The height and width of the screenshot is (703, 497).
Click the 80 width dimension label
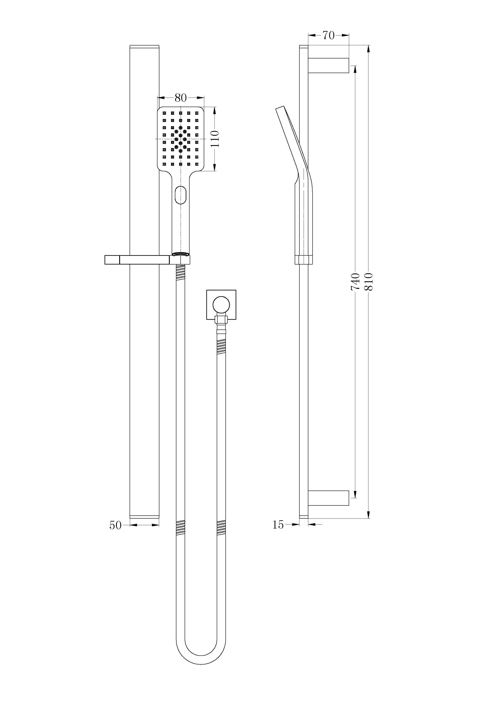(x=181, y=98)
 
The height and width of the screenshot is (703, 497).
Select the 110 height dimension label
(x=215, y=139)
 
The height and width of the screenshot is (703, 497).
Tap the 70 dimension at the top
(x=328, y=35)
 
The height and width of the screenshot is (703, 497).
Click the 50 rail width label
(x=115, y=525)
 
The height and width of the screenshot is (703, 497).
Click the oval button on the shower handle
(x=181, y=195)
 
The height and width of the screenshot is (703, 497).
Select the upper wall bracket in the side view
(x=328, y=65)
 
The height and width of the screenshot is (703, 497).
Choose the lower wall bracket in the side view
(x=328, y=498)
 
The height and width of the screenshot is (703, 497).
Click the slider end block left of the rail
(x=112, y=260)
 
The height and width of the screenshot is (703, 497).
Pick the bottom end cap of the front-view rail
(x=144, y=517)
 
